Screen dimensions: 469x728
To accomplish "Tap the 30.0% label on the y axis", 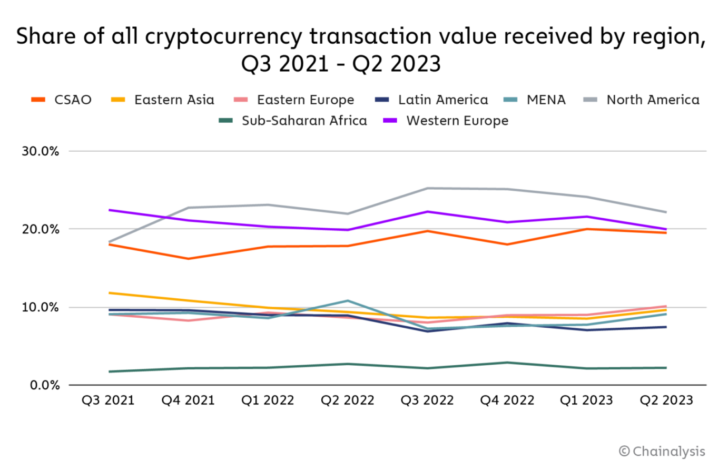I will click(40, 151).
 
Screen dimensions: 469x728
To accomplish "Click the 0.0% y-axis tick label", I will click(44, 385).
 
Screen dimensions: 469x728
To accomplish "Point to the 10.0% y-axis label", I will click(40, 307).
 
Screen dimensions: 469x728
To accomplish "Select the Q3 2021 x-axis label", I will click(108, 400).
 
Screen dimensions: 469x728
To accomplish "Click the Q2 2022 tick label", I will click(347, 400).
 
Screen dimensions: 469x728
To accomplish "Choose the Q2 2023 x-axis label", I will click(666, 400).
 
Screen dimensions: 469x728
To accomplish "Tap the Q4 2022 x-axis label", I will click(507, 400).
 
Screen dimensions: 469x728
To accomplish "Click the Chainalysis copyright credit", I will click(662, 451).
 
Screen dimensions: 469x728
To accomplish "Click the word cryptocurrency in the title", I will click(223, 37).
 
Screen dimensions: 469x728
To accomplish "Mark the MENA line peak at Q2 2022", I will click(348, 301).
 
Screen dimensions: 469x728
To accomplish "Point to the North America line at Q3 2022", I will click(427, 188).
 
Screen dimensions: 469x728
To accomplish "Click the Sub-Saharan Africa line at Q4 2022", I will click(507, 363).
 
